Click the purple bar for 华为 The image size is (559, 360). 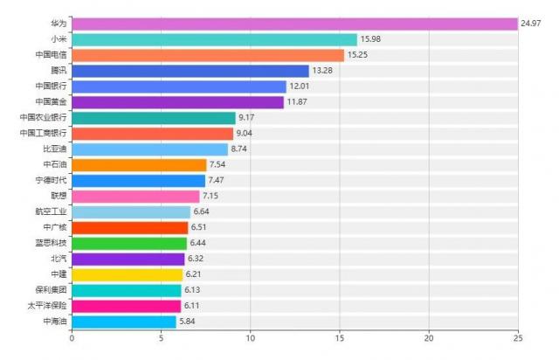294,24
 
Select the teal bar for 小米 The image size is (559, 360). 214,39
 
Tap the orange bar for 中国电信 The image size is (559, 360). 208,55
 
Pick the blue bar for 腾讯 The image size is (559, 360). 190,71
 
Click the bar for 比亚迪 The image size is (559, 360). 149,149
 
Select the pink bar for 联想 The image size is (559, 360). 135,196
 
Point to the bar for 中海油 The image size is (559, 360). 124,322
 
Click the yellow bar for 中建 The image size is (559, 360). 127,274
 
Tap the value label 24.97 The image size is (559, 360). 531,24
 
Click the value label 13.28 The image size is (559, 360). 322,71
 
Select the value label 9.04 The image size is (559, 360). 245,134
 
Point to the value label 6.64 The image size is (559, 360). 203,211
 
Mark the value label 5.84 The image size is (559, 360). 189,322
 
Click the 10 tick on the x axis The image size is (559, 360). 250,339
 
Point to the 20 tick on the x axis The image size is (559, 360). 429,339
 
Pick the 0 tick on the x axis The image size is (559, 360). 72,339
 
